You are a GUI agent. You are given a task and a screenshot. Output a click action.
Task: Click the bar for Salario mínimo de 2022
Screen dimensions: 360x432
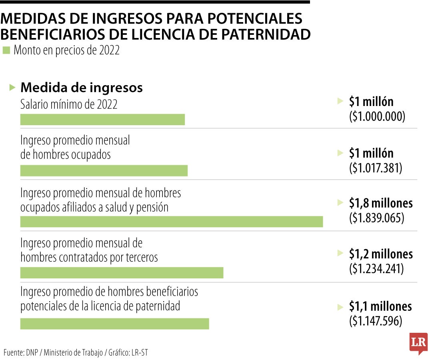(x=102, y=120)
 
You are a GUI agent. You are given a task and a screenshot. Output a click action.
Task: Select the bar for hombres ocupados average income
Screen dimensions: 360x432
(x=104, y=171)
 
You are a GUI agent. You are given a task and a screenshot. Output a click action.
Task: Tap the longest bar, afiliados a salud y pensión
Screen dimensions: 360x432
(x=172, y=222)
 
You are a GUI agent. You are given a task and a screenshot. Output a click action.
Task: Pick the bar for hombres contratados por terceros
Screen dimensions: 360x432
(x=122, y=273)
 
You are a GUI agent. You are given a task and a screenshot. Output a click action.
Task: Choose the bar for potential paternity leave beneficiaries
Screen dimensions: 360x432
(x=114, y=324)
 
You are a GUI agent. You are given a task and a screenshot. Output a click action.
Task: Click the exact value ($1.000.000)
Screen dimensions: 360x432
(x=377, y=116)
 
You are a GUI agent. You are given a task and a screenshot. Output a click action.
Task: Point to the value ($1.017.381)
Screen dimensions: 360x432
(x=376, y=168)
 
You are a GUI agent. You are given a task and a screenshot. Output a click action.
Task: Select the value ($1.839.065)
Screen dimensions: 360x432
(x=376, y=218)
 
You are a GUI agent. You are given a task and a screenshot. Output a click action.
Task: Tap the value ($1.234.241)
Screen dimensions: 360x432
(x=376, y=269)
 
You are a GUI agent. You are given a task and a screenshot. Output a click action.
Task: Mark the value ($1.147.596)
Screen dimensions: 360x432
(x=376, y=321)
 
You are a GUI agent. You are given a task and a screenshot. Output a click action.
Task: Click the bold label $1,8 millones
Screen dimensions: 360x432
(x=380, y=203)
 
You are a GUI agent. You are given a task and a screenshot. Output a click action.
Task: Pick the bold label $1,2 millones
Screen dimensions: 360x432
(x=380, y=254)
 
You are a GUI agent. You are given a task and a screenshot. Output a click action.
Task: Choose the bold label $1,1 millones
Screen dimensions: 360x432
(x=380, y=306)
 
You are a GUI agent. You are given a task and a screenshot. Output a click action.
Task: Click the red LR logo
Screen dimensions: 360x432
(x=418, y=343)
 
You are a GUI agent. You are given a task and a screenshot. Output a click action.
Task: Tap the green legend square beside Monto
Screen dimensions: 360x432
(x=6, y=50)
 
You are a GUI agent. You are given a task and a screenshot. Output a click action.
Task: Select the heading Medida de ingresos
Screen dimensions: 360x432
(x=81, y=88)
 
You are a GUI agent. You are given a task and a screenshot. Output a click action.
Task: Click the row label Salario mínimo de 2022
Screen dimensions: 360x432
(x=69, y=104)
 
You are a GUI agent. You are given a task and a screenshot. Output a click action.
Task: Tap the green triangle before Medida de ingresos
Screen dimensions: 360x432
(x=12, y=87)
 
